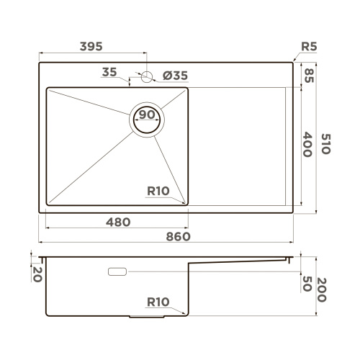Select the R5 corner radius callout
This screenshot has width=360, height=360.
pyautogui.click(x=308, y=47)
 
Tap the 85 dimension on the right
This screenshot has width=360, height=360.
pyautogui.click(x=308, y=75)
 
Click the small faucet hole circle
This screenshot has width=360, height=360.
pyautogui.click(x=147, y=76)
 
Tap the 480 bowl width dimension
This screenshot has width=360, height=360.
pyautogui.click(x=117, y=222)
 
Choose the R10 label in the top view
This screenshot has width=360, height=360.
pyautogui.click(x=158, y=192)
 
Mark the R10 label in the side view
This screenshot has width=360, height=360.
pyautogui.click(x=158, y=302)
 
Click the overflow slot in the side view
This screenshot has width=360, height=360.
pyautogui.click(x=117, y=271)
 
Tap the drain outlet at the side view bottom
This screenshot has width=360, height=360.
pyautogui.click(x=147, y=316)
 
